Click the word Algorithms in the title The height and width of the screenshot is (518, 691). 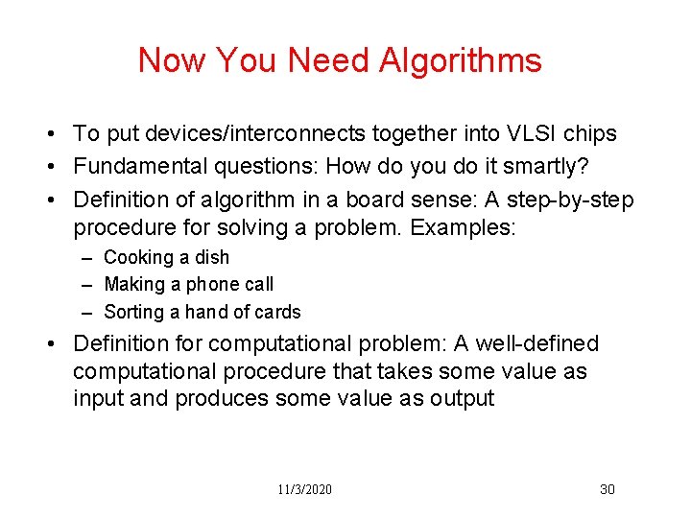tap(461, 61)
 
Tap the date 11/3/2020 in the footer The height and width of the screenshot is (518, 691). tap(305, 489)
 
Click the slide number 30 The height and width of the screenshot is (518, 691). tap(607, 489)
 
